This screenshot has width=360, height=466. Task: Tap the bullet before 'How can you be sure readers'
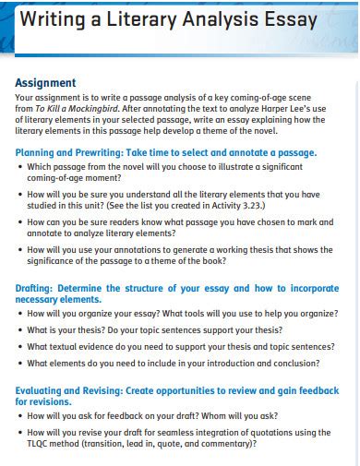coord(19,222)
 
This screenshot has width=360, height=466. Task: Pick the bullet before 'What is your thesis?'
coord(19,329)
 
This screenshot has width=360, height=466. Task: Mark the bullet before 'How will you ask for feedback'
coord(19,416)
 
